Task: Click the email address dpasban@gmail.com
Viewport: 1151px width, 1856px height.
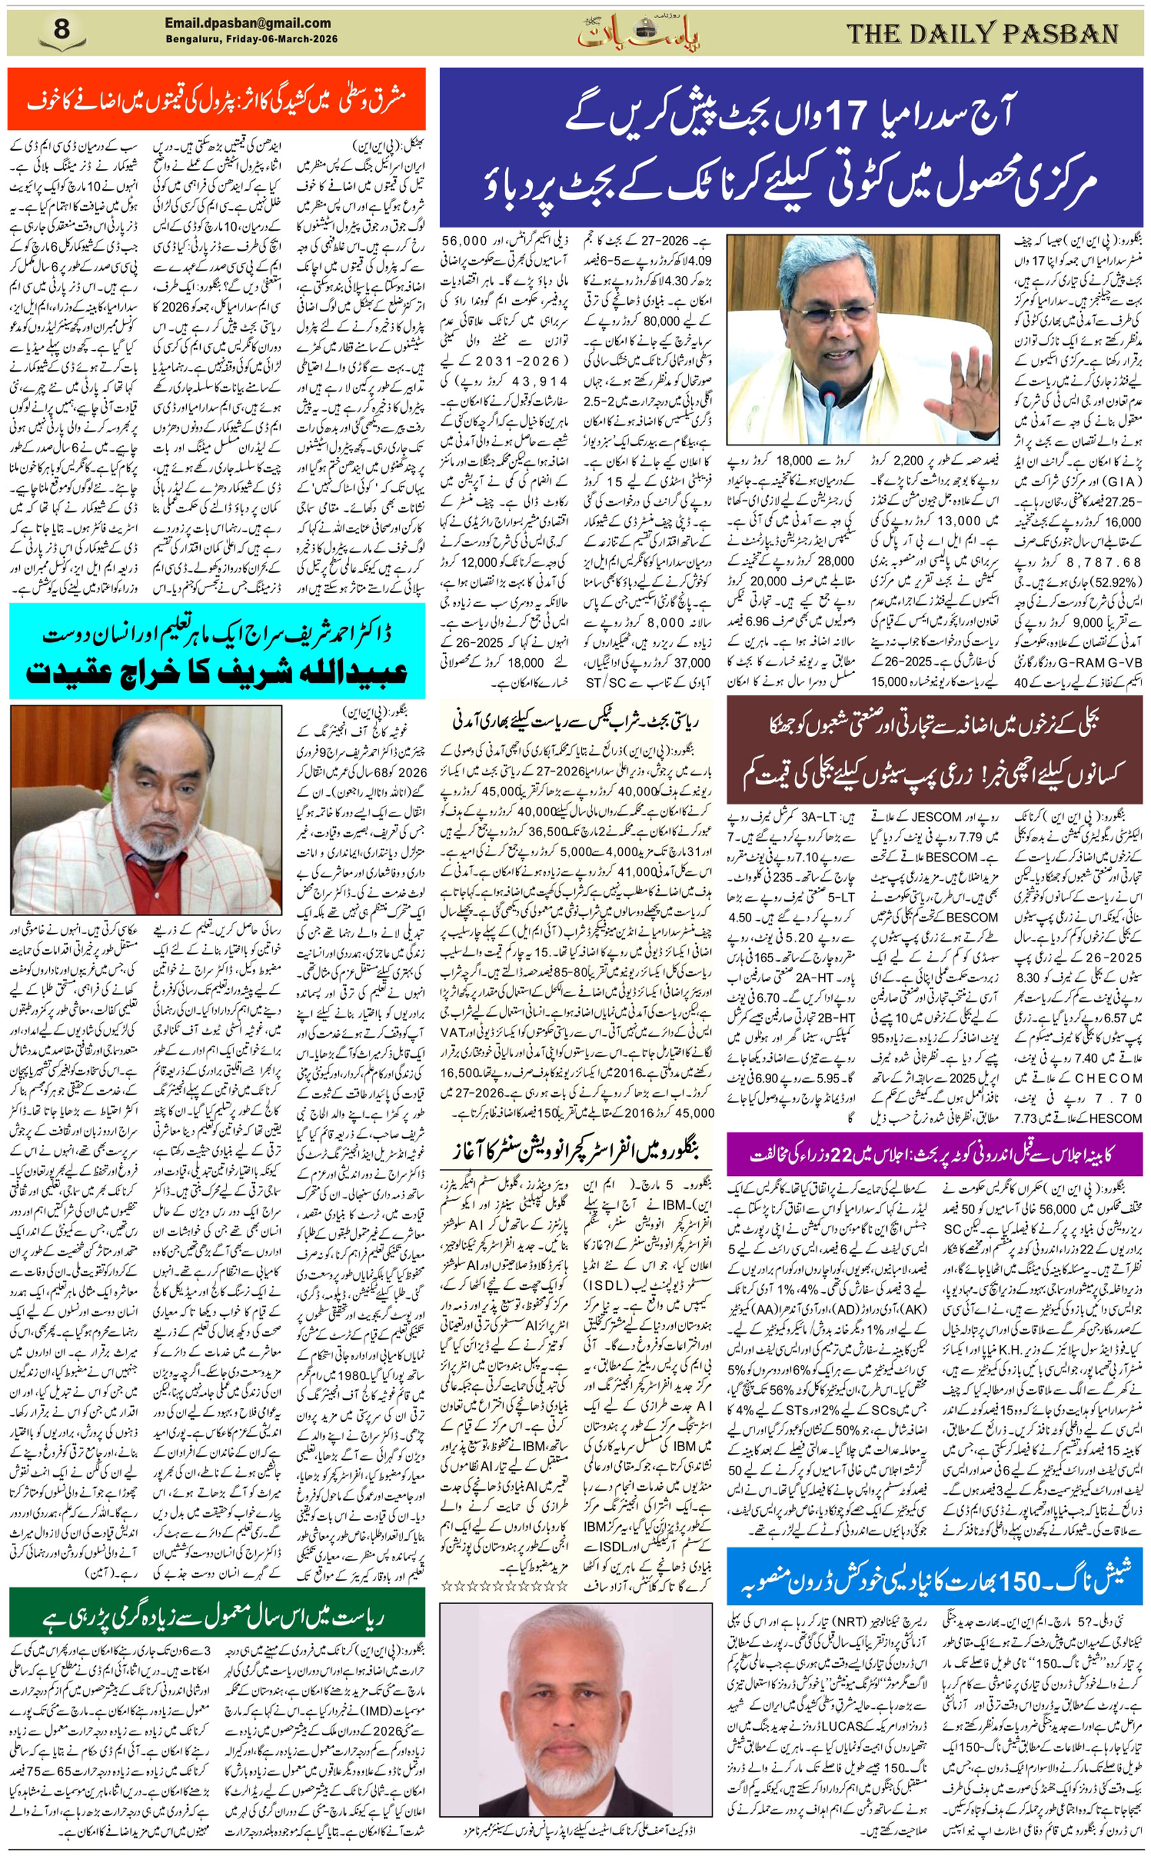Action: (x=248, y=24)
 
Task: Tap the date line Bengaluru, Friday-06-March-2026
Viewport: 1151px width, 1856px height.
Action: (x=251, y=39)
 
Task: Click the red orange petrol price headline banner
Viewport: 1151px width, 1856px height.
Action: (x=217, y=100)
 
